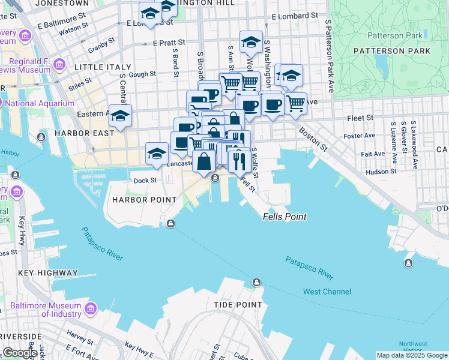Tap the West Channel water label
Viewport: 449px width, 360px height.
[327, 292]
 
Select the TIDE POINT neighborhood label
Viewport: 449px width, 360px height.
[238, 305]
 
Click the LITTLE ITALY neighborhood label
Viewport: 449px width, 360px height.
[94, 68]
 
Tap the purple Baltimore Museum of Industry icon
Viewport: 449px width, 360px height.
[91, 309]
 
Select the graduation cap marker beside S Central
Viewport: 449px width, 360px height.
[120, 115]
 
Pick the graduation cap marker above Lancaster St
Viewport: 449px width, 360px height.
[157, 152]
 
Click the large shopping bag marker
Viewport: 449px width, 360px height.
[205, 161]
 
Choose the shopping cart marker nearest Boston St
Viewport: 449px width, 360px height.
[295, 103]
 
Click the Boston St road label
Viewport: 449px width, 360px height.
[314, 139]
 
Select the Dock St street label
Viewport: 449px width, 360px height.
[145, 180]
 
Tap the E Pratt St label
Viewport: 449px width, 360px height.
[169, 43]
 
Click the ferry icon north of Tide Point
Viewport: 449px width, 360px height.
[256, 282]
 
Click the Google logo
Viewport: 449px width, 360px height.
[20, 353]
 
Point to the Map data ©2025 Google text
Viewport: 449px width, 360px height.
[412, 355]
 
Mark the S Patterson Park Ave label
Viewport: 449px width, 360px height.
[328, 55]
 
